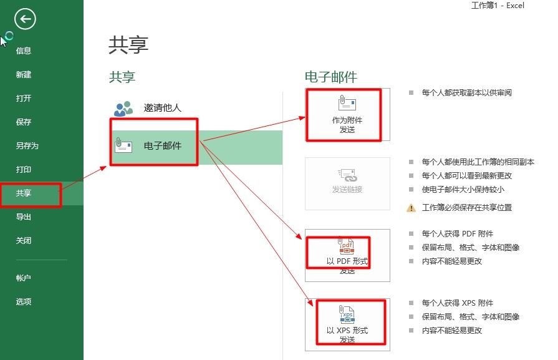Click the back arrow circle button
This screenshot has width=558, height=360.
coord(25,19)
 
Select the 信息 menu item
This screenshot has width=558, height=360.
coord(24,51)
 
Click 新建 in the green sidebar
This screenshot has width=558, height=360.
coord(24,74)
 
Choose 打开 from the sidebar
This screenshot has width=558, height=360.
coord(24,99)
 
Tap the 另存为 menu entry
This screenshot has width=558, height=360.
coord(27,145)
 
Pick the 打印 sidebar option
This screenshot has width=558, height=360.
coord(24,170)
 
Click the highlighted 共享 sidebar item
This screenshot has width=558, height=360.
coord(24,193)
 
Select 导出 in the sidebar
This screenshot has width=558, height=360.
coord(24,217)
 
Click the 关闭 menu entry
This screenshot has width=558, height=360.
coord(24,241)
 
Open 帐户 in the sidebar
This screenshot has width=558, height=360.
coord(24,278)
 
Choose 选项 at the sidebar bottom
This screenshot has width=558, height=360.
coord(24,301)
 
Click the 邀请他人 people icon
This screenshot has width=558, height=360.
coord(123,109)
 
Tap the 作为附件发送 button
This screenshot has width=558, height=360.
coord(347,114)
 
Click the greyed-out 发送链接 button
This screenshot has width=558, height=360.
coord(347,183)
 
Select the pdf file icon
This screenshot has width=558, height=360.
coord(346,245)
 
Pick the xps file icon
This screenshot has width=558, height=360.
coord(346,314)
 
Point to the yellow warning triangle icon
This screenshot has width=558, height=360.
coord(411,208)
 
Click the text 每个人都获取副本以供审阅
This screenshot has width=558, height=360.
coord(467,93)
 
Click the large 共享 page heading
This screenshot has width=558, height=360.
coord(128,45)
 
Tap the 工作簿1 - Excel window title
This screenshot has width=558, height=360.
coord(498,6)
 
